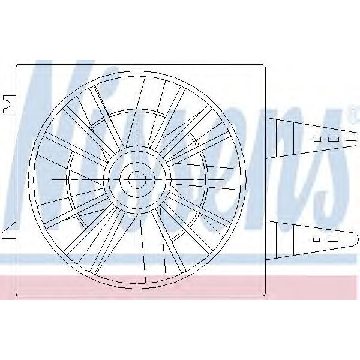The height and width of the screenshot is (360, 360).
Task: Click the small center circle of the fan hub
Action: pos(137,179)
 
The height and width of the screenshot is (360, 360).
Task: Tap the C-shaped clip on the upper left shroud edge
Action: pos(8,104)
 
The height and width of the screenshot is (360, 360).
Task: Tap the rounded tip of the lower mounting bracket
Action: pos(356,239)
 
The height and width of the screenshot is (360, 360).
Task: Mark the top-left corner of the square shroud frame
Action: pos(17,65)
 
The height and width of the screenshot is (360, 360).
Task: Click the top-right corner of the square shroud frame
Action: pos(264,65)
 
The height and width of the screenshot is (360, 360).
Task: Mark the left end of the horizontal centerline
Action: pos(53,179)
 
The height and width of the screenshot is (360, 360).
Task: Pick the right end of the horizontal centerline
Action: pos(223,179)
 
